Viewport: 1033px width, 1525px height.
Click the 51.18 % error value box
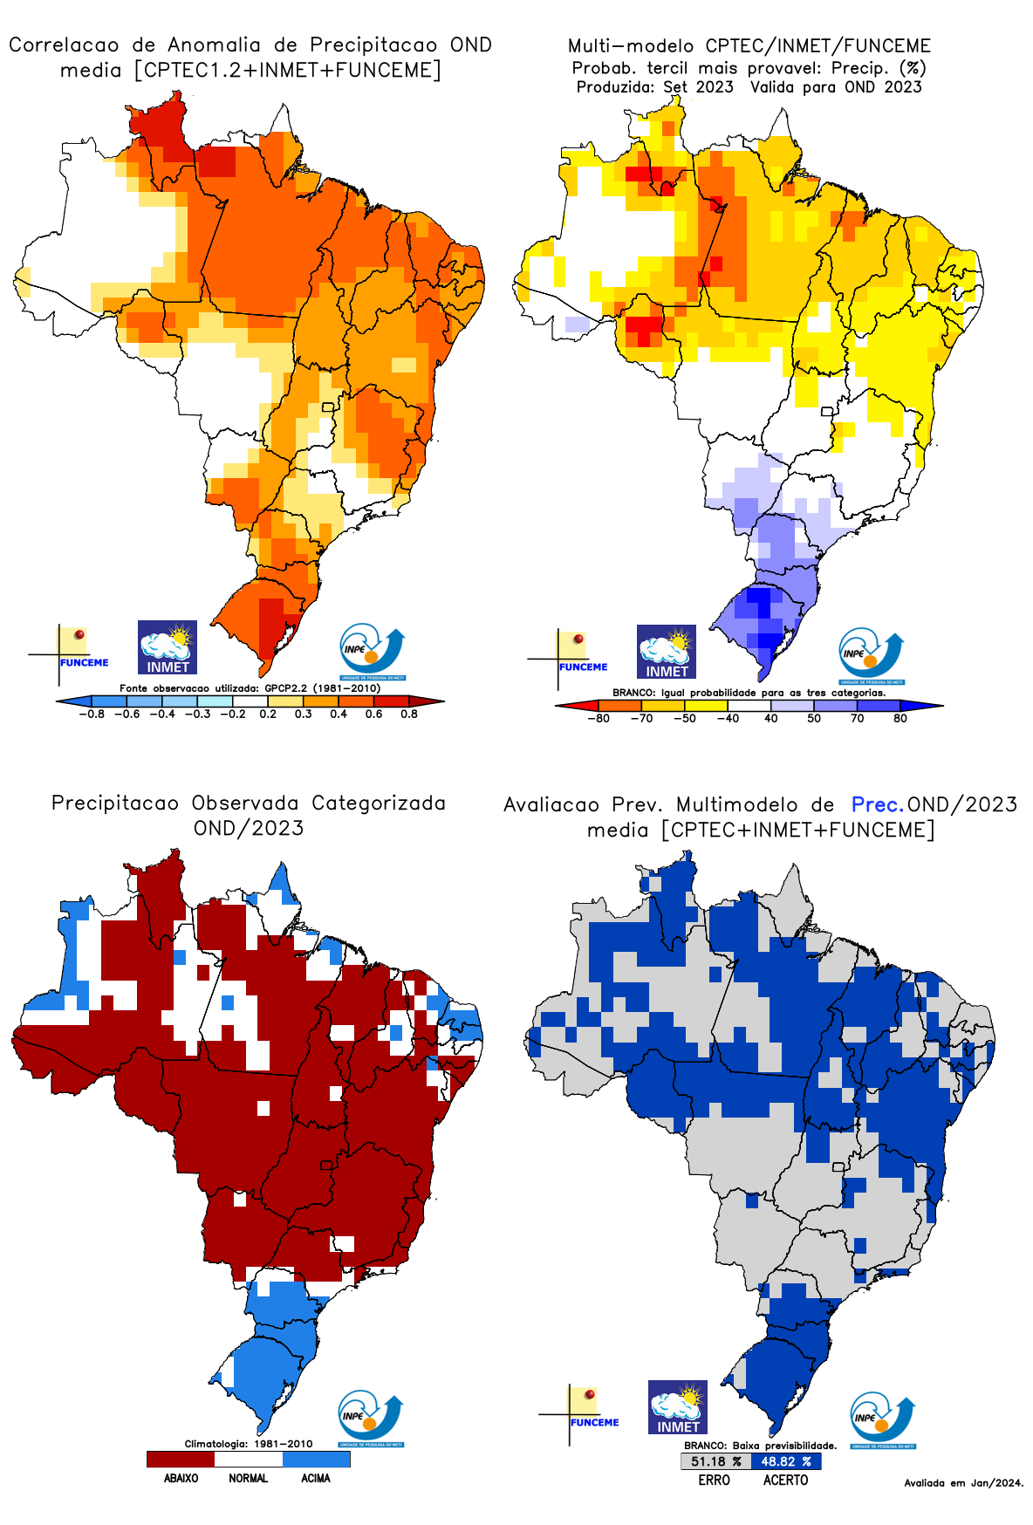(715, 1461)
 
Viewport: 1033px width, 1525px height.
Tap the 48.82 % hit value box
(785, 1461)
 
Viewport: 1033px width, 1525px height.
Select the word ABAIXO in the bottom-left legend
(181, 1478)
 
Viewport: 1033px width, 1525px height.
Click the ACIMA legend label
(316, 1478)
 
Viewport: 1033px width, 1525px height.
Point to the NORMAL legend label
(249, 1478)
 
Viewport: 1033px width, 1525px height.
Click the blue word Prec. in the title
(878, 804)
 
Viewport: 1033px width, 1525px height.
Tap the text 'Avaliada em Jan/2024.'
(963, 1482)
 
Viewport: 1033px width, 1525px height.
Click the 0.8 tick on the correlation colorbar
(409, 714)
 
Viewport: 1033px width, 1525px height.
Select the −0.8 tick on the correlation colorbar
(92, 714)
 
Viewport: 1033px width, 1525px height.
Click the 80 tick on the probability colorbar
(900, 718)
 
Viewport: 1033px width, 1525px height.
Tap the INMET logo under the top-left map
(168, 647)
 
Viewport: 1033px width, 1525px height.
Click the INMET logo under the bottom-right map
(678, 1407)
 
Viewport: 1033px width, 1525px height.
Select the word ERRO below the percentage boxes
(714, 1480)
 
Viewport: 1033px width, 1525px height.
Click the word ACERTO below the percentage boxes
(785, 1480)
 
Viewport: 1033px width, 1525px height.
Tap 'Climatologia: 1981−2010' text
(249, 1444)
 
